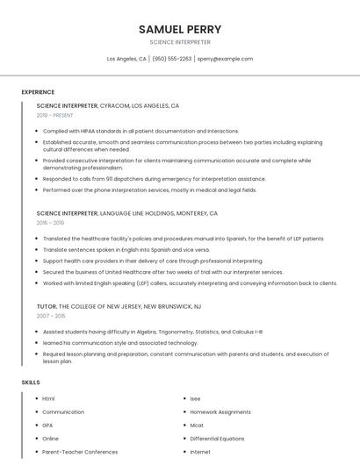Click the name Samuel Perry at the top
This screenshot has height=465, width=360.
(x=180, y=29)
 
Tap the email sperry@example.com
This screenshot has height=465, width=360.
(x=225, y=59)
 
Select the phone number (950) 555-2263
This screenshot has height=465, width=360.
(x=172, y=59)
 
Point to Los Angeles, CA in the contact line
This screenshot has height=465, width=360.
(x=126, y=59)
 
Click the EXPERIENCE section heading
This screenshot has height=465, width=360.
(x=38, y=92)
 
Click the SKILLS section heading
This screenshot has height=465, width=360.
(x=31, y=383)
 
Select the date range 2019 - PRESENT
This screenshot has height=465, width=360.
(x=55, y=115)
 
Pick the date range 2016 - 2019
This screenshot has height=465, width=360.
(x=50, y=223)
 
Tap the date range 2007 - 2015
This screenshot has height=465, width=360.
(x=51, y=315)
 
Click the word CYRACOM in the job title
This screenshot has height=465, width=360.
(x=115, y=105)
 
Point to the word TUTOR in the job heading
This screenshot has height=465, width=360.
(x=47, y=306)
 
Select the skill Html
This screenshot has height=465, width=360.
(x=48, y=398)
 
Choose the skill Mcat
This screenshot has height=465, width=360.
(x=197, y=425)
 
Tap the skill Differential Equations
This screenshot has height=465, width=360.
(x=218, y=438)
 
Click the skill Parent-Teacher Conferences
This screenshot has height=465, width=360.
(x=80, y=452)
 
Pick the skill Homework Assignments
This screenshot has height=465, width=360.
(x=220, y=411)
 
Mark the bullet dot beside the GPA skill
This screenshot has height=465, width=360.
(x=34, y=425)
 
